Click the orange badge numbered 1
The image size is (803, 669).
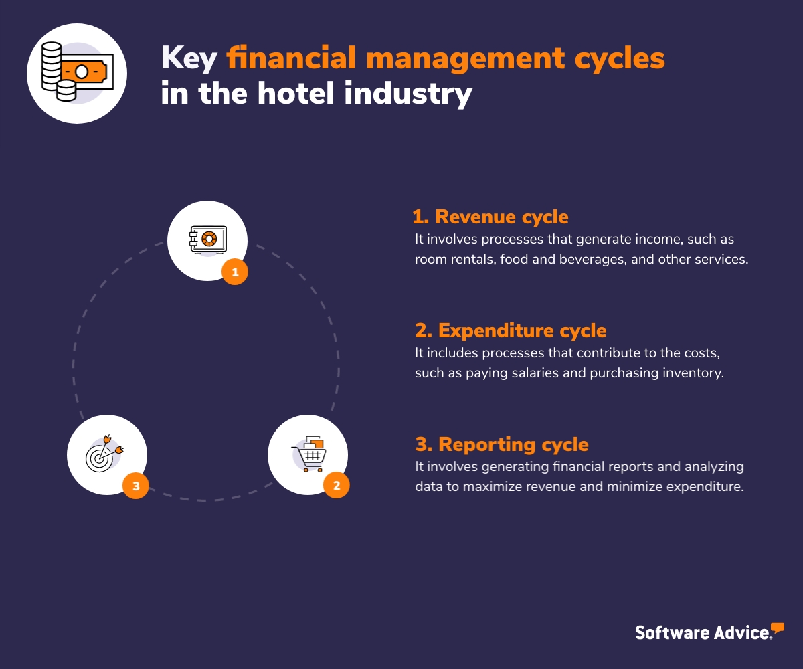coord(235,272)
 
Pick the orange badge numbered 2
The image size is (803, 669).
coord(337,486)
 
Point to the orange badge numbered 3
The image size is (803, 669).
coord(136,486)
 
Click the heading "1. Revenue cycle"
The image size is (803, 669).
coord(490,217)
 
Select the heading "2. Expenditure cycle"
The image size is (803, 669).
coord(510,330)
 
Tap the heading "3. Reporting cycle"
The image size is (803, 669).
coord(501,444)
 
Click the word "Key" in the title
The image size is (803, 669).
coord(189,59)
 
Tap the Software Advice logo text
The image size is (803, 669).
coord(702,632)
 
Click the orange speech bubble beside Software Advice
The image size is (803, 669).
coord(777,628)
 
